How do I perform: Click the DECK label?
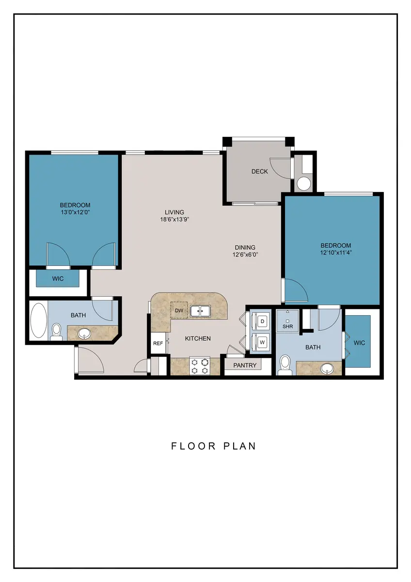click(259, 172)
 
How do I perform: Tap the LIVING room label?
click(174, 212)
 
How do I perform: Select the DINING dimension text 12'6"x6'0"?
click(245, 255)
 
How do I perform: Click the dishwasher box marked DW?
click(179, 310)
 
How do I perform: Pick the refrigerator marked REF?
click(158, 343)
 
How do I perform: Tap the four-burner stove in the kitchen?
click(199, 366)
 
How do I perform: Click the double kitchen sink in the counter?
click(200, 311)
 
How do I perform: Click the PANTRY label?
click(245, 365)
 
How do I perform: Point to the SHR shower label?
click(288, 326)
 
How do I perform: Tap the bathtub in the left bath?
click(39, 321)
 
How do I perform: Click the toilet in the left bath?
click(56, 332)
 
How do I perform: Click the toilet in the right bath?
click(285, 365)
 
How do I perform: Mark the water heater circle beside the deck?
click(304, 183)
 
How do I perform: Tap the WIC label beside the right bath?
click(359, 343)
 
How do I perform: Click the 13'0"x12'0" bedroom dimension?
click(75, 212)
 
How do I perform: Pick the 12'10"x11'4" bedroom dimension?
click(336, 252)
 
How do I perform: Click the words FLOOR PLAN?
click(214, 446)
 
